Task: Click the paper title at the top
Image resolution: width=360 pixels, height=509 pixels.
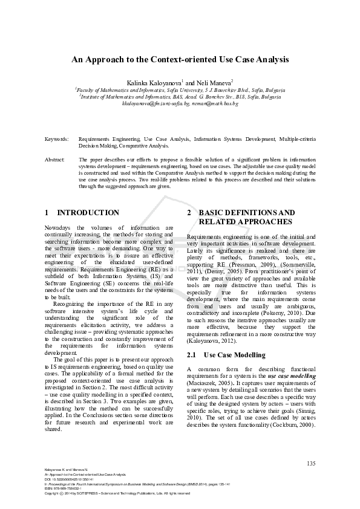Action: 180,60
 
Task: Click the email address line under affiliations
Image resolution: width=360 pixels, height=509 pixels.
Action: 180,104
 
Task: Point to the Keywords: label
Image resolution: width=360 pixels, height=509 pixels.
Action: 56,139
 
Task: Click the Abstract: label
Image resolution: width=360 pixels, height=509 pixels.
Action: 55,160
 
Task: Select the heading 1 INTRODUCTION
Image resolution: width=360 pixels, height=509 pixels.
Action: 82,213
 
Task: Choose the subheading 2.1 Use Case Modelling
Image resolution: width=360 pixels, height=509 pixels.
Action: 226,355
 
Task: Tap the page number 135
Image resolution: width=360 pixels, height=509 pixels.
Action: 311,464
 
